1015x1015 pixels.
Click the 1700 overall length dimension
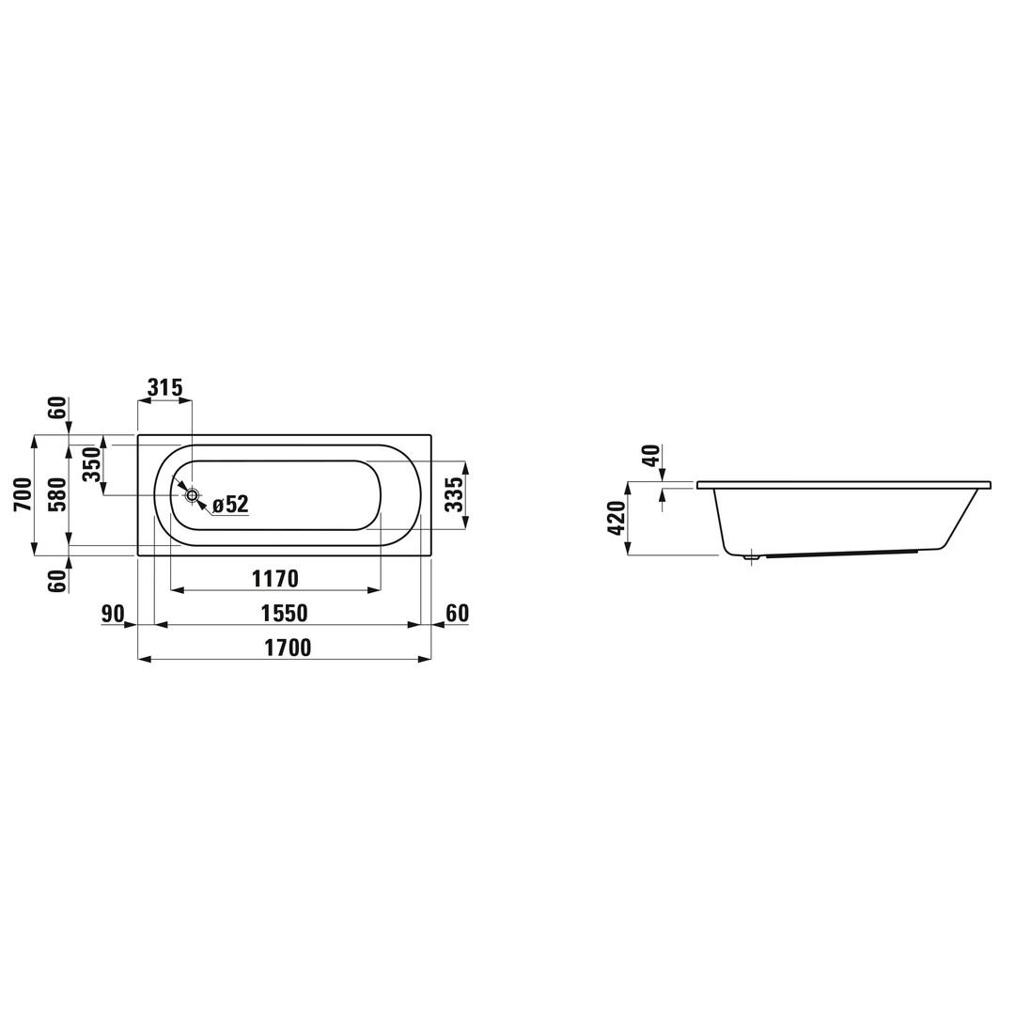pos(288,648)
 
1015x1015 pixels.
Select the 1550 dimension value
pos(284,613)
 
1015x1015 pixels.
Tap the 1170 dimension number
pos(275,578)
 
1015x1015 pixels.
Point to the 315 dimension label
pos(165,388)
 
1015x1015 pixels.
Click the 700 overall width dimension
pos(23,494)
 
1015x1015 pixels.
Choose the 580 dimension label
pos(58,494)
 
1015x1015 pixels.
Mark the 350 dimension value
pos(93,464)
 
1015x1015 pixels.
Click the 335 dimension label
pos(456,494)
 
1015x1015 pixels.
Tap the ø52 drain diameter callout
pos(230,505)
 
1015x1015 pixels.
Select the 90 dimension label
pos(113,613)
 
